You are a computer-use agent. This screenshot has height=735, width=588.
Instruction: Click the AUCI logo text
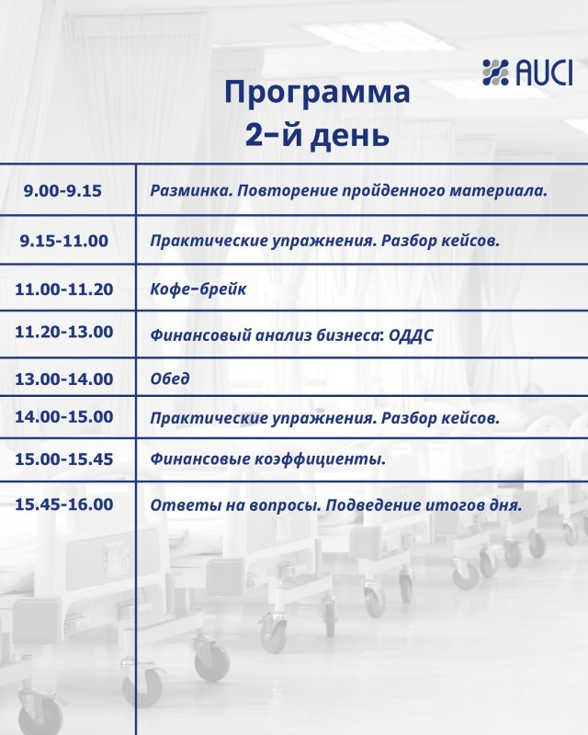(x=544, y=73)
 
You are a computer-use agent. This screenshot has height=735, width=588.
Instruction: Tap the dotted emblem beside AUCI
(x=495, y=73)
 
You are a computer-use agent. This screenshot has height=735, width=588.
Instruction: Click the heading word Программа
(x=318, y=92)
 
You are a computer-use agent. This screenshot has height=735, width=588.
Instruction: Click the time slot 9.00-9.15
(x=62, y=191)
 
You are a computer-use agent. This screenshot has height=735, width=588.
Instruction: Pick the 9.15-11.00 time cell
(x=64, y=241)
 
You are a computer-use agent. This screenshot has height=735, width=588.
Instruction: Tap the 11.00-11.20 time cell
(x=64, y=288)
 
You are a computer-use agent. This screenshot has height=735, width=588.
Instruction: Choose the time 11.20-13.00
(x=64, y=332)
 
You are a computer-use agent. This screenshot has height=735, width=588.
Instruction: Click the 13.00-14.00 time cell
(x=64, y=379)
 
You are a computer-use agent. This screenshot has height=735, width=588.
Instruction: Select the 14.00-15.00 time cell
(x=64, y=417)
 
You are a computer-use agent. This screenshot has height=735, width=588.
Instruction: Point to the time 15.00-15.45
(x=64, y=458)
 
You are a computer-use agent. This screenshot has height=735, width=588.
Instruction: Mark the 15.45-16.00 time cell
(x=64, y=504)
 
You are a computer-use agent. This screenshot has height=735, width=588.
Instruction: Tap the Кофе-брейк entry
(x=198, y=288)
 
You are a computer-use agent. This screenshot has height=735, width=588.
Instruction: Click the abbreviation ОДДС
(x=411, y=335)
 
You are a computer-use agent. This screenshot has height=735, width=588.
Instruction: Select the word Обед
(x=170, y=379)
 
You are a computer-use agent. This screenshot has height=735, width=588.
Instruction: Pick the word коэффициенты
(x=321, y=459)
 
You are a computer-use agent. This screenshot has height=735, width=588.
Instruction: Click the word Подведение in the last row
(x=373, y=505)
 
